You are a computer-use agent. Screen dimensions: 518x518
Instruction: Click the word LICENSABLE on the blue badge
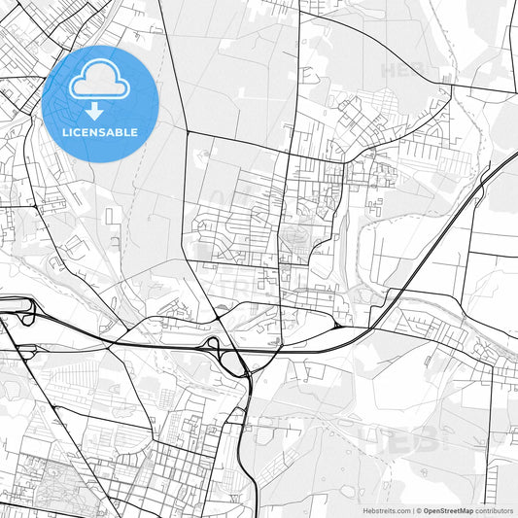pyautogui.click(x=100, y=131)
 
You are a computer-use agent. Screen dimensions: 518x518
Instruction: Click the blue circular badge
pyautogui.click(x=100, y=104)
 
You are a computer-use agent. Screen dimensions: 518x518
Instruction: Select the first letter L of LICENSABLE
pyautogui.click(x=65, y=131)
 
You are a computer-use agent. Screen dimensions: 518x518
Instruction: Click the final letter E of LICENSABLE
pyautogui.click(x=135, y=131)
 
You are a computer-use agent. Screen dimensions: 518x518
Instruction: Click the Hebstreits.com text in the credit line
pyautogui.click(x=386, y=509)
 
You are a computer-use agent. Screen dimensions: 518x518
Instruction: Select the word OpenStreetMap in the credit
pyautogui.click(x=447, y=509)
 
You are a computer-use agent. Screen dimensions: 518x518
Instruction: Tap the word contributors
pyautogui.click(x=494, y=509)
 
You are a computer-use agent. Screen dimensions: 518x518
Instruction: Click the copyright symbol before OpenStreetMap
pyautogui.click(x=416, y=509)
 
